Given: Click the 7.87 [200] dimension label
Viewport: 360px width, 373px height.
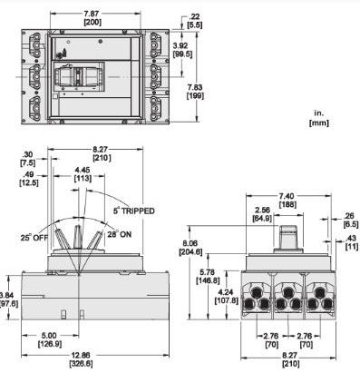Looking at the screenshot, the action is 92,18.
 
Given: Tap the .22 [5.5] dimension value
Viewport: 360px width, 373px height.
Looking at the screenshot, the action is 195,21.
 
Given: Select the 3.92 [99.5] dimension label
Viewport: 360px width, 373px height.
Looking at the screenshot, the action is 182,50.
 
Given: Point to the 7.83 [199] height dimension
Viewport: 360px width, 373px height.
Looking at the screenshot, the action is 195,92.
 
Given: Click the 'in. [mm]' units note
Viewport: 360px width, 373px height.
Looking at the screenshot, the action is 319,118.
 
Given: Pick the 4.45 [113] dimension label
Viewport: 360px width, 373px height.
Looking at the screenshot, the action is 83,174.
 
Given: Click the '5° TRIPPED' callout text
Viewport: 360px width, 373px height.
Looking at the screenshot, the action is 134,211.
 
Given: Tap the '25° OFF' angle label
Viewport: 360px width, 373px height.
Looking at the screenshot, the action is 34,237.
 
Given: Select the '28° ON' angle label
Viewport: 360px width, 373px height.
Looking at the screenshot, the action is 120,234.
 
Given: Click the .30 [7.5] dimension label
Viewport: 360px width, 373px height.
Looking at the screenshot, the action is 27,159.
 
